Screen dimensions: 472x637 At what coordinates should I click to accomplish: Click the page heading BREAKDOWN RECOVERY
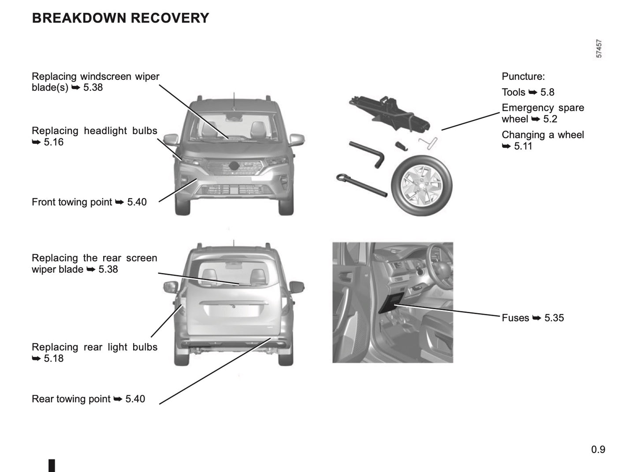tap(120, 18)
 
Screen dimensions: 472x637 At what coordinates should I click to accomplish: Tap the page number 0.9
tap(598, 450)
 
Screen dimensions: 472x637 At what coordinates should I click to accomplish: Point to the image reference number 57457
tap(599, 49)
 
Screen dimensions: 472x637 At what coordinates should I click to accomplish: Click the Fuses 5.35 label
tap(533, 318)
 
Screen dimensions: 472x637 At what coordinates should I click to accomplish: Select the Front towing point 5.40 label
tap(89, 202)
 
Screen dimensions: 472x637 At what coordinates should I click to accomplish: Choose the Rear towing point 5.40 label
tap(88, 399)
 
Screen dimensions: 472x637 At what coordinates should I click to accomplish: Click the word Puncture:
tap(523, 76)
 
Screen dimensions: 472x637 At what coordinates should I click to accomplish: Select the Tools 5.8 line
tap(528, 92)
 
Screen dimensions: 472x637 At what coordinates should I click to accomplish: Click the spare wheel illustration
tap(421, 185)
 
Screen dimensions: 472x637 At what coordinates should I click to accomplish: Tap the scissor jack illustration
tap(390, 112)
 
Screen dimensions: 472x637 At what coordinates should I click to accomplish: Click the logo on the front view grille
tap(234, 166)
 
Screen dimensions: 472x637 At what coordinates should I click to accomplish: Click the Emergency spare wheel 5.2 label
tap(543, 113)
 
